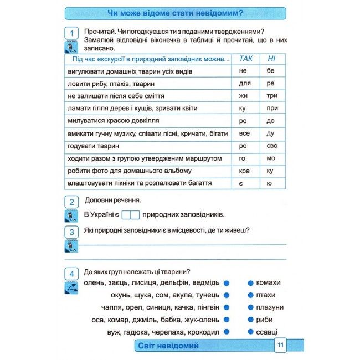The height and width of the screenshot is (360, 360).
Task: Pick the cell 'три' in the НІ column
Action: [271, 96]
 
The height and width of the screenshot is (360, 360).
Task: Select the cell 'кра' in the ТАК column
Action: [244, 171]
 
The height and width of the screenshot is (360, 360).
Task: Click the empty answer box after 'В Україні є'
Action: [130, 214]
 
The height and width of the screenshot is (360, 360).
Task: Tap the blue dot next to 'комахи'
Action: [250, 282]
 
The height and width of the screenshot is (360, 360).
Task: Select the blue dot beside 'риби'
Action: [250, 320]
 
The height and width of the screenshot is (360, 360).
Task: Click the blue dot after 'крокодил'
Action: [226, 332]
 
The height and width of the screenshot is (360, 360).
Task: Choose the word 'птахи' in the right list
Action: [265, 295]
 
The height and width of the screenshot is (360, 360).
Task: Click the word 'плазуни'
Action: [270, 307]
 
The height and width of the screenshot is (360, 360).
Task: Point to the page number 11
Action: [280, 346]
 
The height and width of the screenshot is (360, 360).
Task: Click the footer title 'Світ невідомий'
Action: [167, 346]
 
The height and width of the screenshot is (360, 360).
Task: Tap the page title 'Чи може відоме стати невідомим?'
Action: [175, 13]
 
